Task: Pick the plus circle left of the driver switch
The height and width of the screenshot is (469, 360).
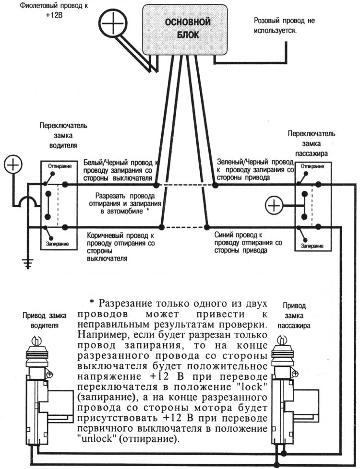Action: [13, 166]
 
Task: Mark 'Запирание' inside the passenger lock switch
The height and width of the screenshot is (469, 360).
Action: [312, 246]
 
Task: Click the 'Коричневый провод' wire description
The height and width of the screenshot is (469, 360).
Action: [120, 246]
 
